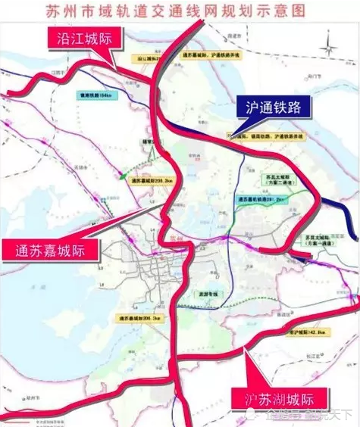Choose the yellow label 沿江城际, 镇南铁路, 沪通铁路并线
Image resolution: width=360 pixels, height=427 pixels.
tap(252, 136)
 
